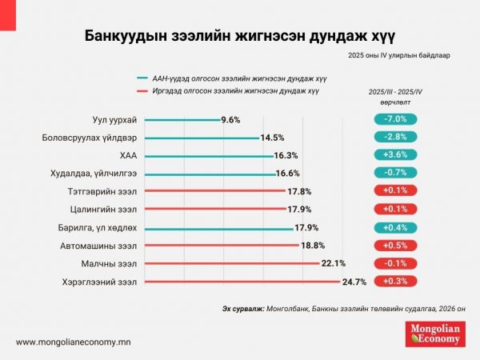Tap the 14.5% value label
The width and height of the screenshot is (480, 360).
(273, 138)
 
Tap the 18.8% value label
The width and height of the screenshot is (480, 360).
(313, 246)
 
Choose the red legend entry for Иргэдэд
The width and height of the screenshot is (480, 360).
(232, 91)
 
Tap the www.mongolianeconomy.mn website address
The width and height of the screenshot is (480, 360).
(74, 342)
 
